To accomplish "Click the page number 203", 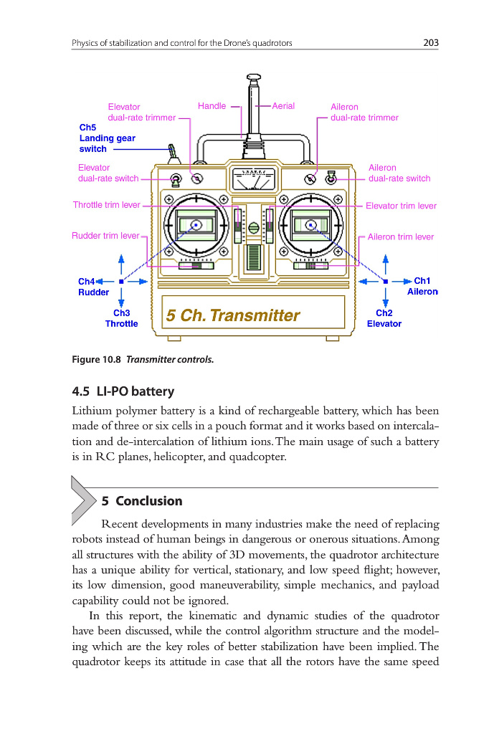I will (430, 43).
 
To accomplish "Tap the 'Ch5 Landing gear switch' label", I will (107, 138).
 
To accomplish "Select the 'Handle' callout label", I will (212, 106).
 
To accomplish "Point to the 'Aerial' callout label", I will (283, 106).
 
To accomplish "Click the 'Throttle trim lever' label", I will (106, 205).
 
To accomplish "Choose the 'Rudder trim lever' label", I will (105, 236).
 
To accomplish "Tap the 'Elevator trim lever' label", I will (401, 206).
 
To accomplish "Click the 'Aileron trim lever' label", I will (401, 237).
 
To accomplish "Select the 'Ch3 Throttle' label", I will (121, 318).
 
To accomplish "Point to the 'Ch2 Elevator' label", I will (384, 318).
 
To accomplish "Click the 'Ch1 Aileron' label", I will (422, 287).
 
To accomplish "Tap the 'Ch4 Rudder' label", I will (93, 287).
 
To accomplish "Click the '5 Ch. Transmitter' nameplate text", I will (232, 315).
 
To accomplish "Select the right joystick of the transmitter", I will (310, 225).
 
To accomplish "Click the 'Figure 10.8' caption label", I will (97, 360).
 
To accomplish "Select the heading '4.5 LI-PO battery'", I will (123, 391).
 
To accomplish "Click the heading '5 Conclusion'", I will (142, 501).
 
